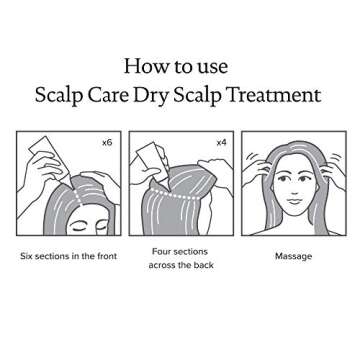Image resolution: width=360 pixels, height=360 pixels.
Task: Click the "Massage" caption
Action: tap(294, 256)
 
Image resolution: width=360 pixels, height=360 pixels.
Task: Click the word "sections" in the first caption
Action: tap(56, 256)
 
